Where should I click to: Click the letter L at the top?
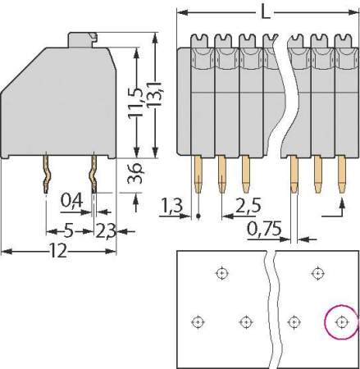262,12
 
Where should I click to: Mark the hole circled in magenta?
341,321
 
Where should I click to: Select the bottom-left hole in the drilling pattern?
197,321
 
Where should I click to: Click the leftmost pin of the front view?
198,175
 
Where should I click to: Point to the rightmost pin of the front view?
341,175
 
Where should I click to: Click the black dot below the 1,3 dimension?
198,216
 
